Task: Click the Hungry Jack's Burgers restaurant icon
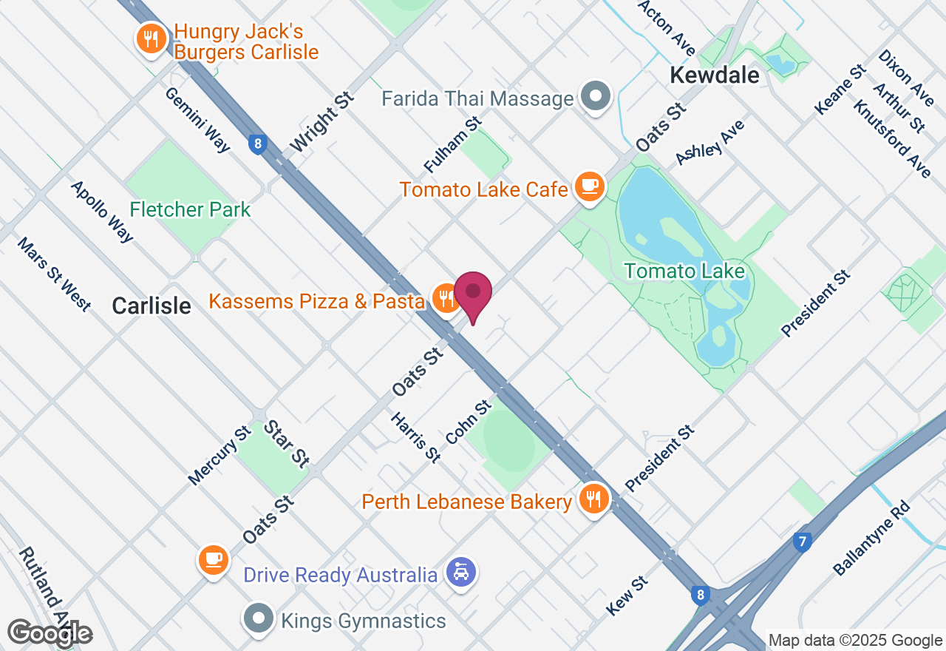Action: point(151,38)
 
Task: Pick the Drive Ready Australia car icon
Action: point(461,572)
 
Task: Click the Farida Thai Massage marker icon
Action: point(596,96)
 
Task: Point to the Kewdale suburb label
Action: point(714,75)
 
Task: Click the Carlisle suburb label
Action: point(152,306)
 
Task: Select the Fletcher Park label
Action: point(191,210)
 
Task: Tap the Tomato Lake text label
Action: point(684,271)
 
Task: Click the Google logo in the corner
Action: point(50,633)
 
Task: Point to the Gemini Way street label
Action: point(197,120)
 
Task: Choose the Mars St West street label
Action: point(54,274)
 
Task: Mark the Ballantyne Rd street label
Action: point(872,538)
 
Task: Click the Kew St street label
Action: point(627,596)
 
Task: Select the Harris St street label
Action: point(416,437)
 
